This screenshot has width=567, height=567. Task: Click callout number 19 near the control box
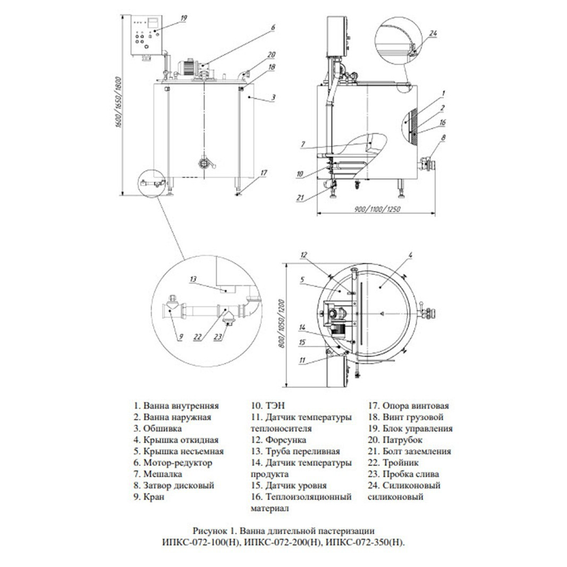point(184,18)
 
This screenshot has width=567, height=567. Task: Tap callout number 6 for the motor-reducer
point(273,28)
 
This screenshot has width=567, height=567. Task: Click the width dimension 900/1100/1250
point(377,209)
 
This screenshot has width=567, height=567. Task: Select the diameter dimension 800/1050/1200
point(282,324)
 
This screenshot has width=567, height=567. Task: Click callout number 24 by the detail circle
point(433,33)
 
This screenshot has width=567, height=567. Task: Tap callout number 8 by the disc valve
point(443,138)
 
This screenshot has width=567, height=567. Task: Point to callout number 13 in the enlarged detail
point(193,279)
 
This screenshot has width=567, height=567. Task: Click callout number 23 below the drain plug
point(218,337)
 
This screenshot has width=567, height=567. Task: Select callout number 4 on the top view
point(410,255)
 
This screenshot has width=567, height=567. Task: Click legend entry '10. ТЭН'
point(268,406)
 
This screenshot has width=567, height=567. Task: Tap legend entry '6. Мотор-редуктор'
point(173,463)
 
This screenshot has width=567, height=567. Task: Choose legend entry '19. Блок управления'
point(410,428)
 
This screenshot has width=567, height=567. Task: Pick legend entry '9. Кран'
point(149,497)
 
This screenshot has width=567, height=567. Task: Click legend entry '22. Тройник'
point(393,463)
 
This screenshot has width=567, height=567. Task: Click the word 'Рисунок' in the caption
point(207,531)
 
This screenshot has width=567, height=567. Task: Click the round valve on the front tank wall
point(205,164)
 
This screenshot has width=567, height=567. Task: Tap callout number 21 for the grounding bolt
point(300,198)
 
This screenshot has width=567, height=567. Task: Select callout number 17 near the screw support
point(264,173)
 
